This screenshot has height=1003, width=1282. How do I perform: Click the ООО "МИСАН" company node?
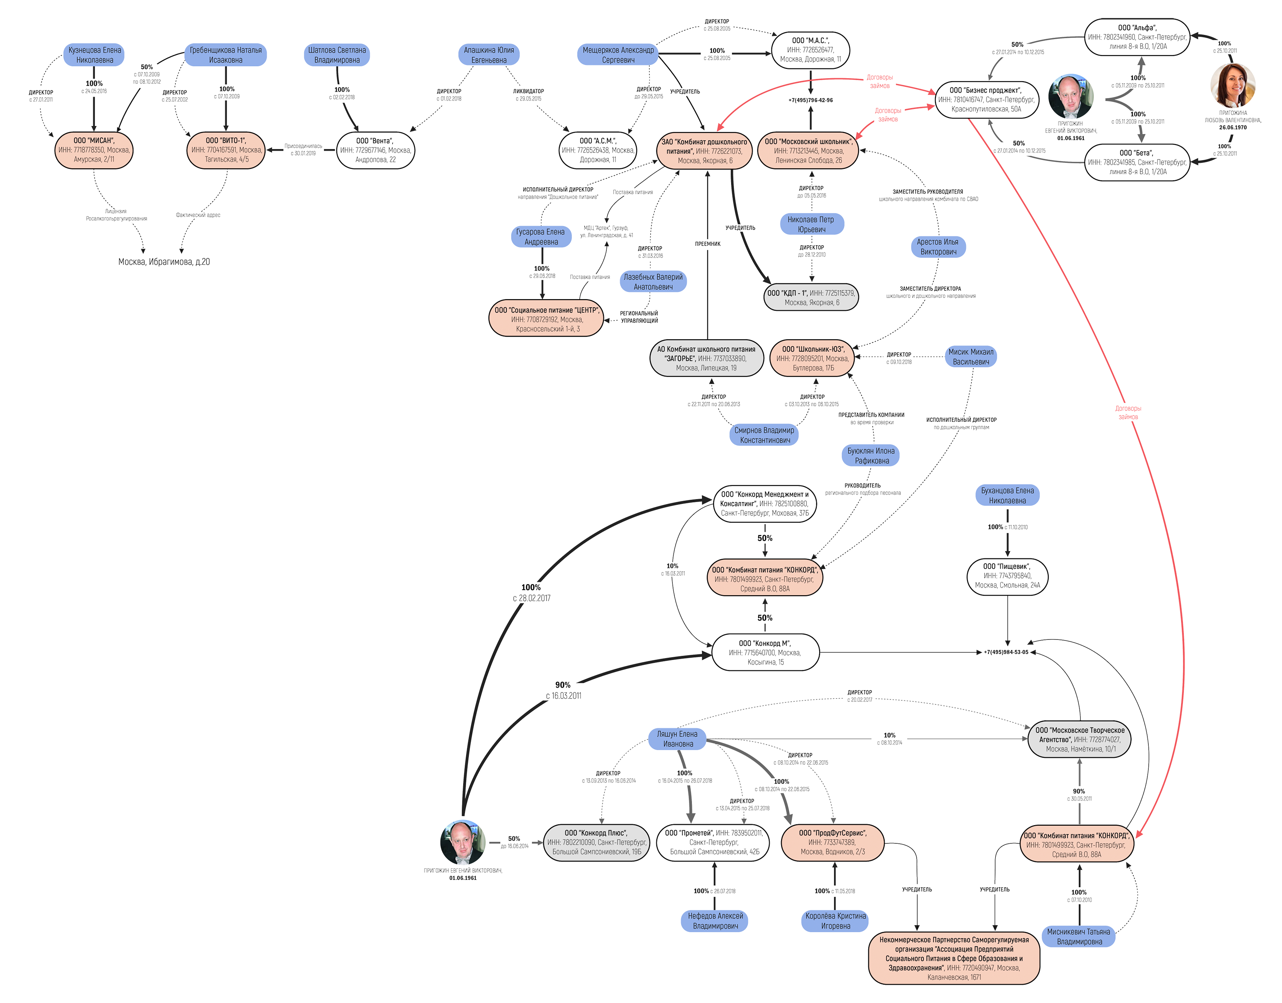[94, 150]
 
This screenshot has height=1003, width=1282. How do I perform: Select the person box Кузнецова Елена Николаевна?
[94, 55]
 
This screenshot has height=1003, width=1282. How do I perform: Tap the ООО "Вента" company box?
[375, 150]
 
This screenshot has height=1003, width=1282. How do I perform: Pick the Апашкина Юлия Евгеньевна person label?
[488, 55]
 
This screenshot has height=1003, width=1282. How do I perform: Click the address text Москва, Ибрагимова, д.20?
[164, 262]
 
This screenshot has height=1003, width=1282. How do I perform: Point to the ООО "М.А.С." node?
[810, 50]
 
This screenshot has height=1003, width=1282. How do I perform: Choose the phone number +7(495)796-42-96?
[810, 100]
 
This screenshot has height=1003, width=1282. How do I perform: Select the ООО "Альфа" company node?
[1136, 37]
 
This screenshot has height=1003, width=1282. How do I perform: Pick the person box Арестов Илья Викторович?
[938, 247]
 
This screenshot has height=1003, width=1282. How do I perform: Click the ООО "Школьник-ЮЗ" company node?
[812, 358]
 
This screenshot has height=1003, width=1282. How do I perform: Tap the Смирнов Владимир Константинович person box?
[764, 435]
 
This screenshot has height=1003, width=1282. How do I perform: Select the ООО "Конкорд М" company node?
[764, 653]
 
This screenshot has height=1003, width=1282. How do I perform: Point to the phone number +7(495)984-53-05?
[1006, 653]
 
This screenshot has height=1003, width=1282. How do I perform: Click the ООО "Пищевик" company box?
[1007, 576]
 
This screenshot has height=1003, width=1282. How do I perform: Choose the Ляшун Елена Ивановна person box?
[677, 739]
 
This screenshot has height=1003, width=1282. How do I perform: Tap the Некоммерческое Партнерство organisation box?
[954, 959]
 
